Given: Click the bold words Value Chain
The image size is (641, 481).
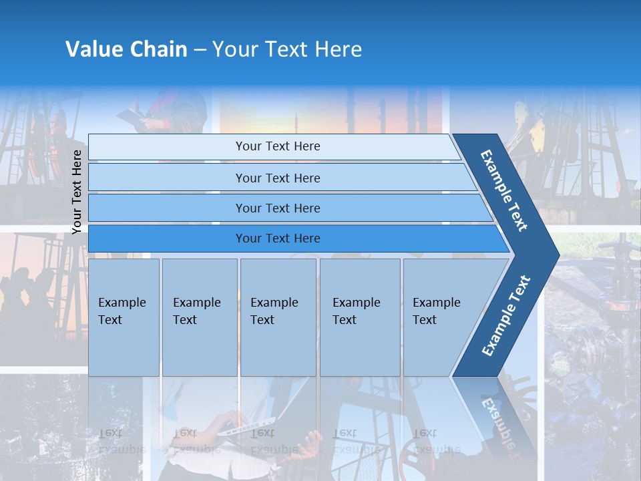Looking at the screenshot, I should click(x=126, y=49).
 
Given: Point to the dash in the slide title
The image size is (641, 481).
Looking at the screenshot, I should click(x=200, y=50).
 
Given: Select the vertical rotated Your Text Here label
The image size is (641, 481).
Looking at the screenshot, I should click(x=77, y=192).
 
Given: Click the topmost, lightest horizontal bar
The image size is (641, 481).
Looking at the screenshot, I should click(x=277, y=146).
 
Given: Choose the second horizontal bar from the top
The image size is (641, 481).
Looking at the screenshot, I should click(x=277, y=178).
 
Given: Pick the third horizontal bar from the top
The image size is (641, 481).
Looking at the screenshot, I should click(x=277, y=208).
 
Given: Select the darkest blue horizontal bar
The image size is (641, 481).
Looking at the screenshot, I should click(x=277, y=238).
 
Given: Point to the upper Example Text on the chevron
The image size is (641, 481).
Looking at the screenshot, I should click(x=504, y=190).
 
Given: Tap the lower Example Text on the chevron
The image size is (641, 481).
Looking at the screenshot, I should click(x=506, y=315).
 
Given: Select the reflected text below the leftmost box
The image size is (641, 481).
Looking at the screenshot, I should click(x=122, y=441).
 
